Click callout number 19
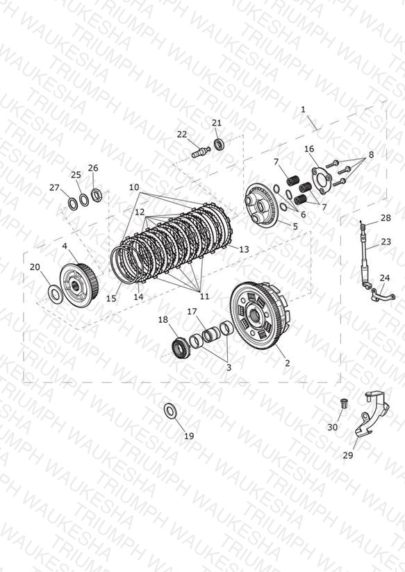[189, 435]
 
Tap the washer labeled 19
[170, 410]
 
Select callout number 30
[332, 426]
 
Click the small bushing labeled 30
[343, 403]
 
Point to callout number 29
[348, 455]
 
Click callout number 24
[385, 278]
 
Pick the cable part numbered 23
[365, 257]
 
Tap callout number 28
[386, 218]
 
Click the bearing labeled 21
[219, 144]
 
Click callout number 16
[309, 149]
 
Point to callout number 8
[371, 154]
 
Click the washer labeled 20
[55, 292]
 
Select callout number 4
[65, 246]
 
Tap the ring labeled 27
[73, 203]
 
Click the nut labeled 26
[96, 195]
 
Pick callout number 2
[288, 362]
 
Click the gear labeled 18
[180, 348]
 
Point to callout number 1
[303, 109]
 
